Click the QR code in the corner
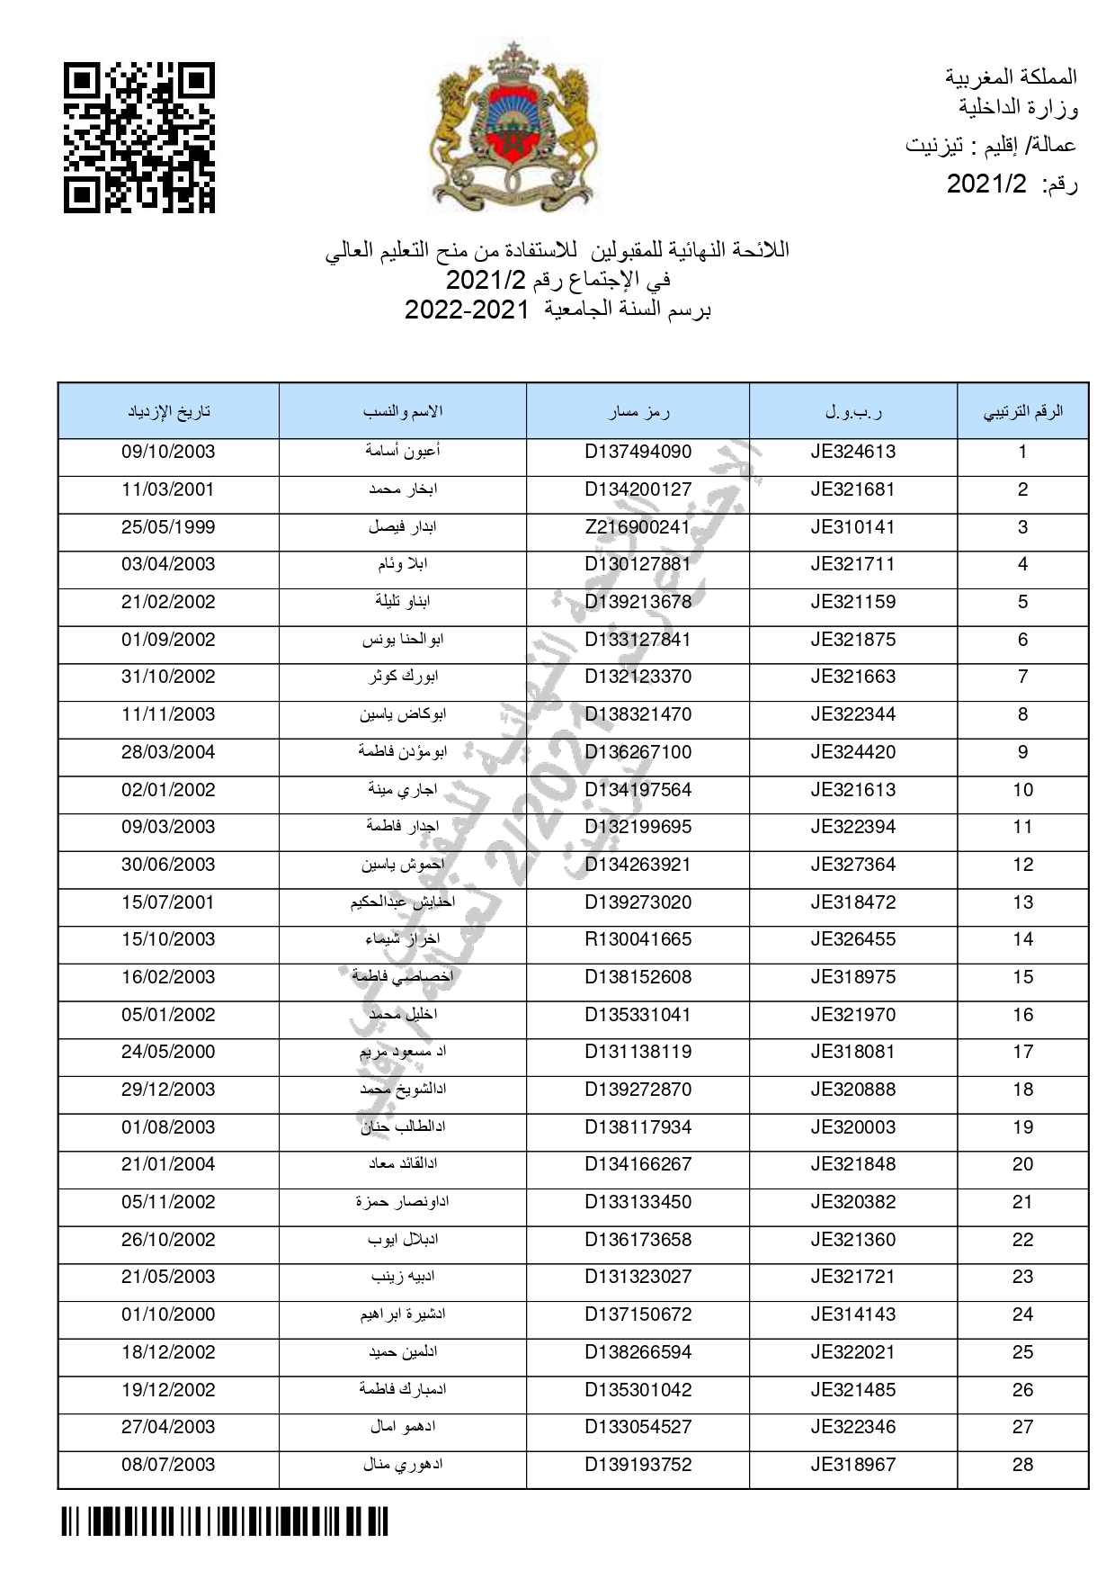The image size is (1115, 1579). tap(138, 137)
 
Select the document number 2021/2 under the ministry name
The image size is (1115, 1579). tap(986, 184)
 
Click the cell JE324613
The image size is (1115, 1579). tap(852, 452)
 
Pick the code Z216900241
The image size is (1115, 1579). tap(638, 527)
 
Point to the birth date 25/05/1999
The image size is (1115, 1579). tap(168, 527)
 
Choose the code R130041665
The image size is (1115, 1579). tap(638, 939)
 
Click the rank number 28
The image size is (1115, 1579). tap(1022, 1464)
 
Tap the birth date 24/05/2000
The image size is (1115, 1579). tap(168, 1052)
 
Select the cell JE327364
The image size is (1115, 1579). tap(852, 865)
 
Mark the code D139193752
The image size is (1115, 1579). tap(638, 1464)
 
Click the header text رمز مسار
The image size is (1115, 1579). tap(638, 412)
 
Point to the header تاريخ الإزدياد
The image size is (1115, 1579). tap(169, 412)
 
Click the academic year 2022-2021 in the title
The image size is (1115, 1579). tap(466, 310)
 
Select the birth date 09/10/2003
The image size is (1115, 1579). tap(168, 452)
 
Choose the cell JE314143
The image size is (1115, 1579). tap(852, 1314)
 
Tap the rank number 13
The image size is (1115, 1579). tap(1022, 902)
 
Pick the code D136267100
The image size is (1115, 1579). tap(638, 752)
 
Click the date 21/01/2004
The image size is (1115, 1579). tap(168, 1164)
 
